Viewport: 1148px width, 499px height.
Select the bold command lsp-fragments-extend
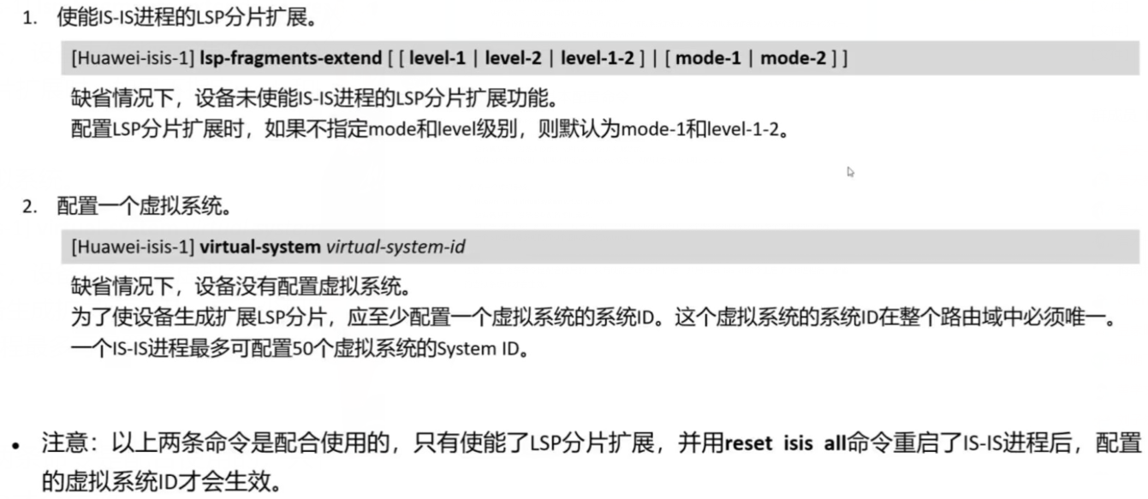point(291,59)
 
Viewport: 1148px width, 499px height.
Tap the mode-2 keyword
point(794,59)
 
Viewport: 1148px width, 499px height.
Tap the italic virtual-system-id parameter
point(396,248)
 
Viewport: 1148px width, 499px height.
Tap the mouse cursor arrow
point(850,171)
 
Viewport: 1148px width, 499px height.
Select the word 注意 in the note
point(59,444)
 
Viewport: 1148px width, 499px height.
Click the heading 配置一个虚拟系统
point(143,207)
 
